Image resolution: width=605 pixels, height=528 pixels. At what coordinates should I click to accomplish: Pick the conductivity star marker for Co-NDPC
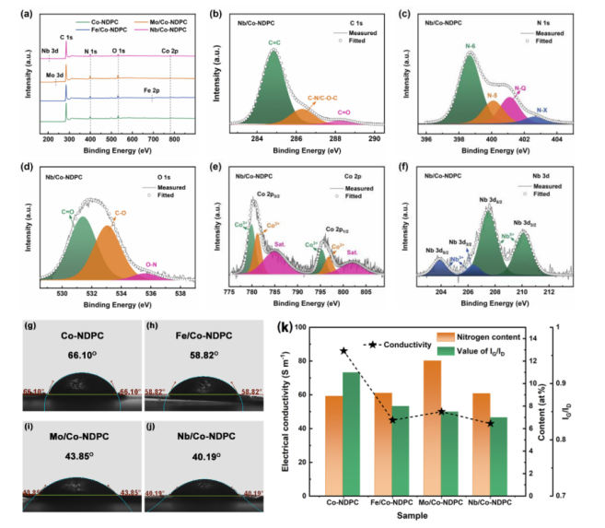[x=344, y=351]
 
